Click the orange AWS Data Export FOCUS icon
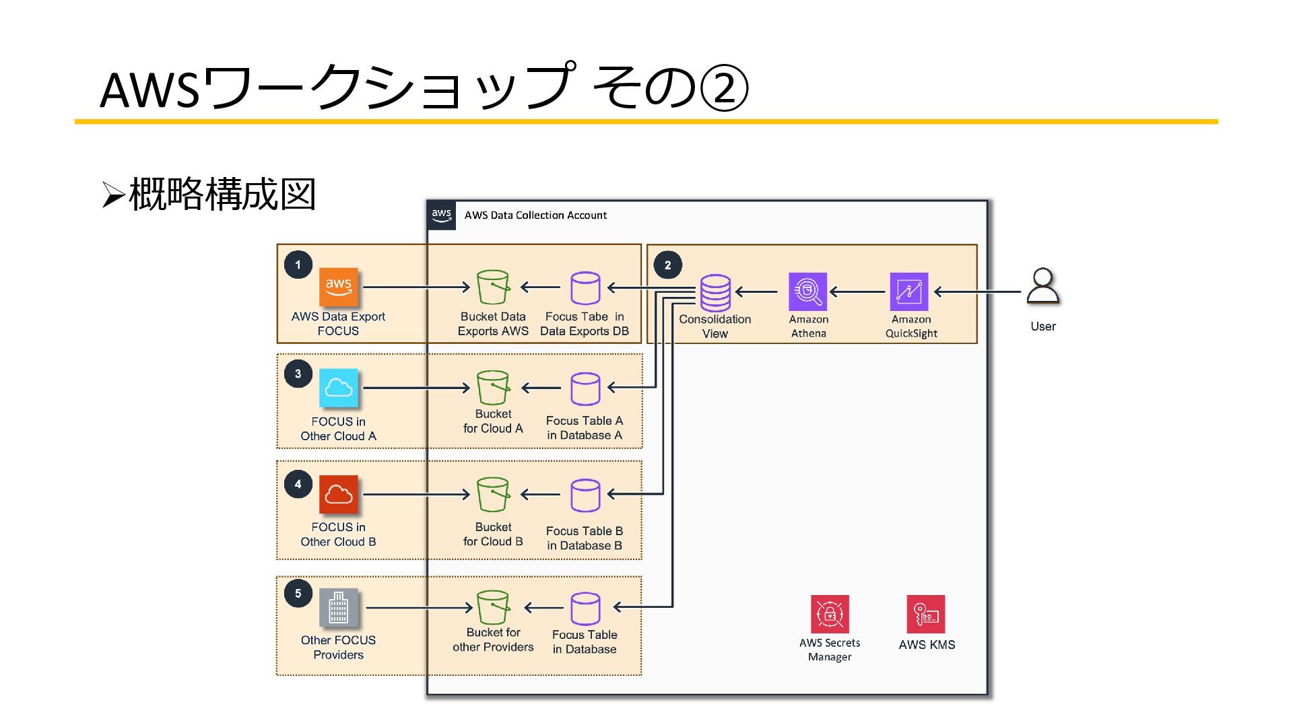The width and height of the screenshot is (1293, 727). click(338, 287)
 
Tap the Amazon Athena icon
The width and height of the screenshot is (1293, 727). click(808, 291)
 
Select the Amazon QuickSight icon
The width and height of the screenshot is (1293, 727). click(909, 291)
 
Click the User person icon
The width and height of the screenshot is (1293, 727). click(1042, 286)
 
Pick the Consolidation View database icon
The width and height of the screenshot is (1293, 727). click(715, 293)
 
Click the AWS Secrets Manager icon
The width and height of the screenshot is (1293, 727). click(830, 614)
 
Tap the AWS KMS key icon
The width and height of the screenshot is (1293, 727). click(926, 614)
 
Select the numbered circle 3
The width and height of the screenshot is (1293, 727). click(298, 374)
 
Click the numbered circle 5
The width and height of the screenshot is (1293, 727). click(298, 593)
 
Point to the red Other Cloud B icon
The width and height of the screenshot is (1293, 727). click(338, 495)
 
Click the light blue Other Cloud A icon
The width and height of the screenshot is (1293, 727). click(338, 388)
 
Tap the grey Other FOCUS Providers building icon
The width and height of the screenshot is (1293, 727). click(338, 608)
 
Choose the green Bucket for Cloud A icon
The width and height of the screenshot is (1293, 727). click(493, 388)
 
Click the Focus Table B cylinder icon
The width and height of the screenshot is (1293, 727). click(585, 495)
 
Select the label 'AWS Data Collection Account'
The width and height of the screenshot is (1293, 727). click(535, 215)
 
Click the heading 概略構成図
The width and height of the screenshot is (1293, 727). click(222, 195)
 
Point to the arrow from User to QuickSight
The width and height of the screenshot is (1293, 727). click(978, 292)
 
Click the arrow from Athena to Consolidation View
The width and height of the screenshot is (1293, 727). click(757, 292)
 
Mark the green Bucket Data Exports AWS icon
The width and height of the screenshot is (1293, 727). click(493, 287)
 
